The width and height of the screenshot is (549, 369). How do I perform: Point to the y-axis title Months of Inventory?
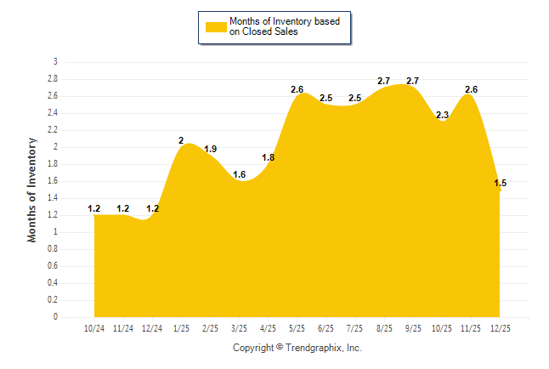[x=32, y=190]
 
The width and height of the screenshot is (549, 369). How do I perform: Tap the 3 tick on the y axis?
[x=55, y=62]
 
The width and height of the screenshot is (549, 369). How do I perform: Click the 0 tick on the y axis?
[x=55, y=317]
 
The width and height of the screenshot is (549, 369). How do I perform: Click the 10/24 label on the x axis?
[x=94, y=328]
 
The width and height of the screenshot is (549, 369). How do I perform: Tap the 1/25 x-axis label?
[x=181, y=328]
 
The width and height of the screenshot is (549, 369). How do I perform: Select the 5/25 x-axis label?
[x=297, y=328]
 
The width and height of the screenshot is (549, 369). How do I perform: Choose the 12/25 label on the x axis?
[x=498, y=328]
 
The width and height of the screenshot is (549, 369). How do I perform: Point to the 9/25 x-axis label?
[x=412, y=328]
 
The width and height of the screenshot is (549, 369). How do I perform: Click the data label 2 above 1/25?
[x=181, y=140]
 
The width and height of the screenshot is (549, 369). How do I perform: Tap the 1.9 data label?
[x=211, y=149]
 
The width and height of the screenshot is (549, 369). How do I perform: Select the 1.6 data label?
[x=239, y=174]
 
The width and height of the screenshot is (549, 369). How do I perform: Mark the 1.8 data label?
[x=268, y=157]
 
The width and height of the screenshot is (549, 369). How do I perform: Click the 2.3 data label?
[x=441, y=115]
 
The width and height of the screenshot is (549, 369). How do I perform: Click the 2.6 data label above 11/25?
[x=470, y=89]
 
